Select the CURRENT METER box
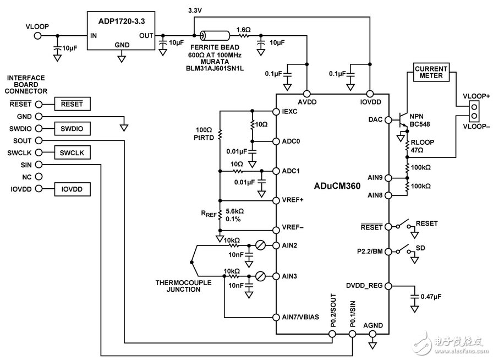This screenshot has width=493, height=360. click(431, 72)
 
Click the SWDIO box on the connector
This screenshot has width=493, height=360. click(72, 129)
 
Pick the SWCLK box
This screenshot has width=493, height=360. click(72, 152)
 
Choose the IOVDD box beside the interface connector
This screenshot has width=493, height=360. click(72, 189)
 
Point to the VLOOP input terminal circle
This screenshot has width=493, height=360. click(39, 36)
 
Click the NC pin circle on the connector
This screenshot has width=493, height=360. click(39, 177)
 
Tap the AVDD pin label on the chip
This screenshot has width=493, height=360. click(307, 102)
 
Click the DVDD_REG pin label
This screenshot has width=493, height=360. click(365, 286)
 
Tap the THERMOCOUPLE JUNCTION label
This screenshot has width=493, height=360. click(177, 286)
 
